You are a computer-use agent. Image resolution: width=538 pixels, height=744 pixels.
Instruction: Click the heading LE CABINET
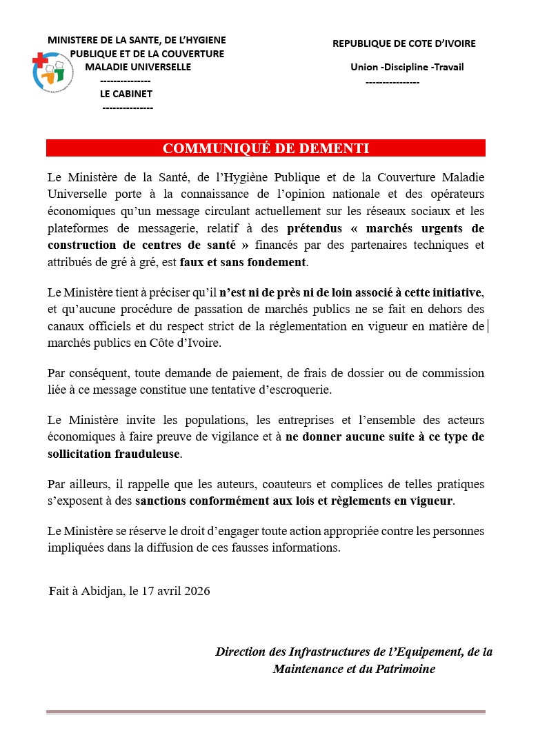(x=126, y=94)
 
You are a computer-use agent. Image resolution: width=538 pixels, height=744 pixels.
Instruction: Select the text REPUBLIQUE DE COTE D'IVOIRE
(x=403, y=43)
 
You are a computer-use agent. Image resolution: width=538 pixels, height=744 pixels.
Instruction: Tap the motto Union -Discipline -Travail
(x=407, y=67)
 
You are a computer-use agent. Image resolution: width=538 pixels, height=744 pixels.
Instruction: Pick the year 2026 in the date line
(x=197, y=591)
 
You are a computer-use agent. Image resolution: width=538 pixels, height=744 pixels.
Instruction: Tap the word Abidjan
(x=103, y=591)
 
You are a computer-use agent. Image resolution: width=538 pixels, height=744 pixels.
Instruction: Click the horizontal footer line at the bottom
(x=266, y=712)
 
